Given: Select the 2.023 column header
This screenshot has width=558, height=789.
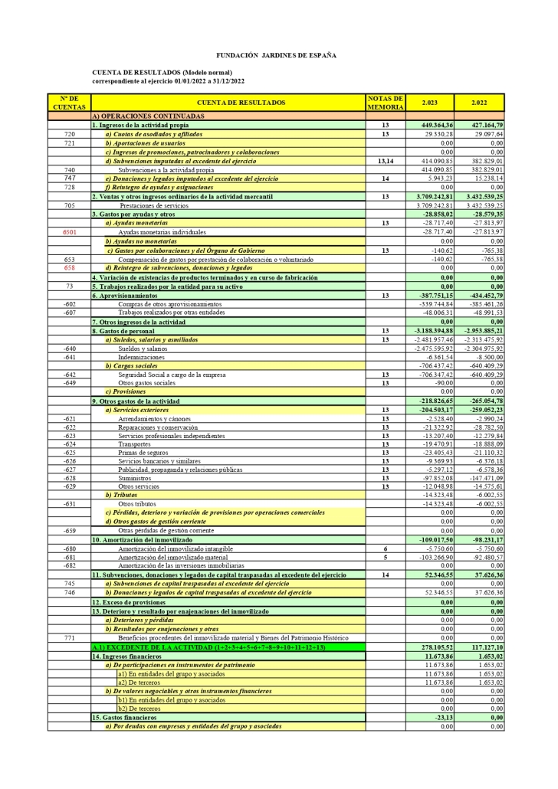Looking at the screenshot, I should (x=429, y=103).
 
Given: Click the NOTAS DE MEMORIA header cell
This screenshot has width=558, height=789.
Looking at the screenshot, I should (x=386, y=103).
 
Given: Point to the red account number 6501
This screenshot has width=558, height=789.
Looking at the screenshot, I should (x=70, y=231).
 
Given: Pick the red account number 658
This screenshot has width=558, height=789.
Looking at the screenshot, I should (x=70, y=268).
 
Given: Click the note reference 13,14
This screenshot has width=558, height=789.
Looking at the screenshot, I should (x=386, y=161).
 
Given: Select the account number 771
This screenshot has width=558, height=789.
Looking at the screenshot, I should (x=70, y=637).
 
